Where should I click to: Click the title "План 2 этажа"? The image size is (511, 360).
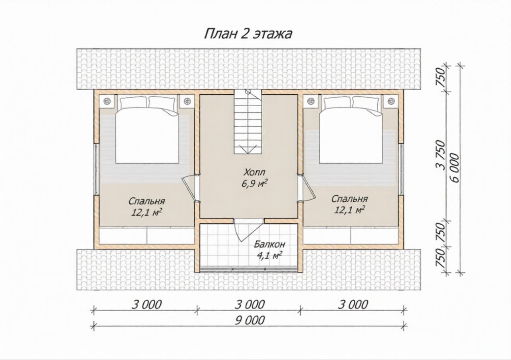pos(248,34)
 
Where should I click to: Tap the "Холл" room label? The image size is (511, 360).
pos(254,172)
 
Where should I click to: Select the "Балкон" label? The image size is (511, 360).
pos(269,245)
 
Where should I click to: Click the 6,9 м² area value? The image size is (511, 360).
pos(255,184)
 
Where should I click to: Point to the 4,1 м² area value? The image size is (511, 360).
pos(268,255)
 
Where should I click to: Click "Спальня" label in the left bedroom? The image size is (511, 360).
pos(147,201)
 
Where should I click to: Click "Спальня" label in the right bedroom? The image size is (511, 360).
pos(349,199)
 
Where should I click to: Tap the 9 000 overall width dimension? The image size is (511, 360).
pos(250,320)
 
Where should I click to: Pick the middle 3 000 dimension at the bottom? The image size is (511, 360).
pos(250,304)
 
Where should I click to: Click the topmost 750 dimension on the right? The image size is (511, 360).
pos(441,78)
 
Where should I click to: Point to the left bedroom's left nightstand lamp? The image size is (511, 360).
pos(107,101)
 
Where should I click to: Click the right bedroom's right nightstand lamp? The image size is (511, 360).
pos(391,101)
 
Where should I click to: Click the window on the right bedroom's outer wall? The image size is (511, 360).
pos(401,169)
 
